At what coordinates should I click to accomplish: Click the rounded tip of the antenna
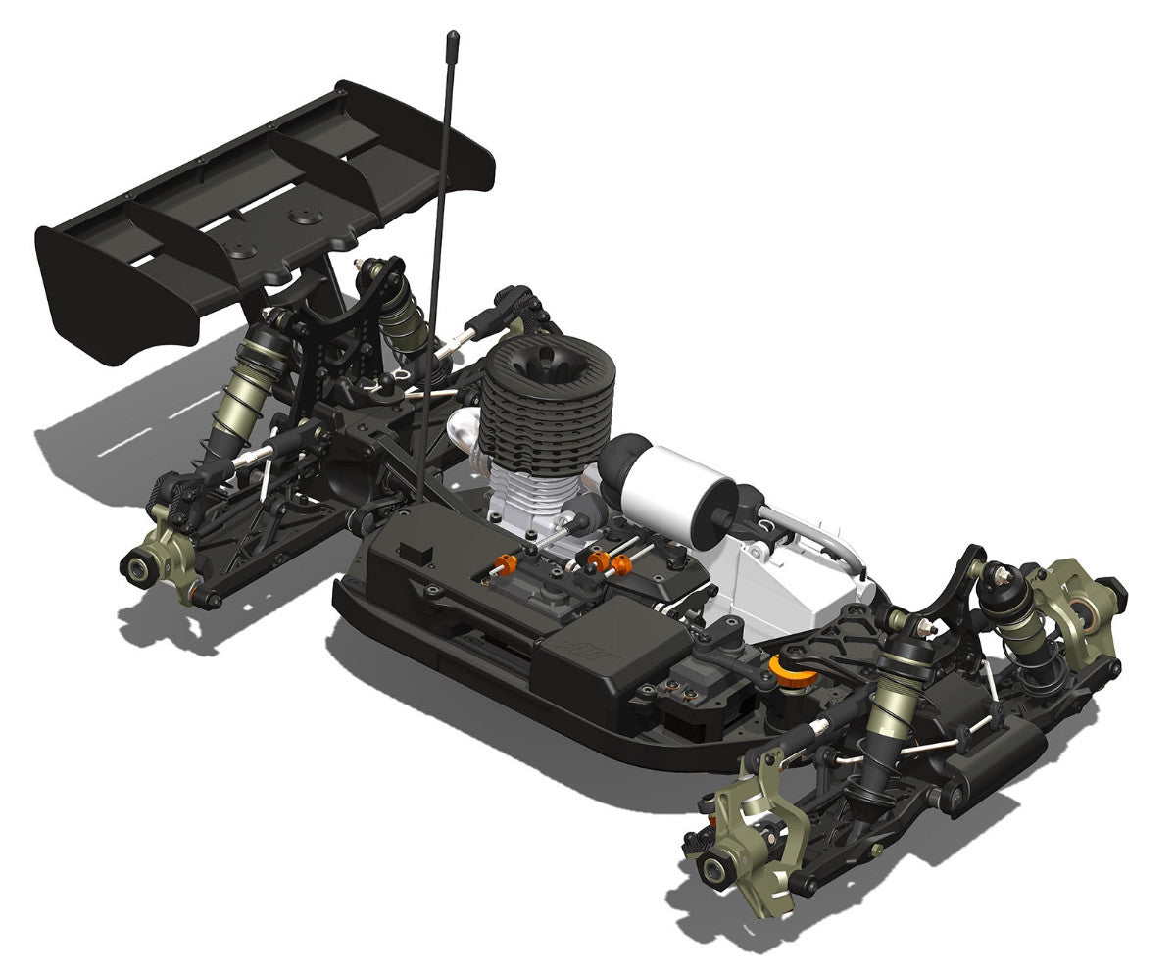click(453, 39)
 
